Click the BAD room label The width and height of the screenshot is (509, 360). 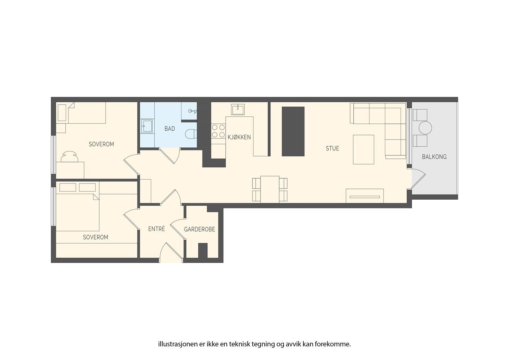pos(169,129)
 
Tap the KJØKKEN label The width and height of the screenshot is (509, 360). pos(239,137)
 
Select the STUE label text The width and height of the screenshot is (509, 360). pos(332,148)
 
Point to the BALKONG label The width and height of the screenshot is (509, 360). pos(434,156)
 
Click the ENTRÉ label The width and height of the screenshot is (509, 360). pos(156,229)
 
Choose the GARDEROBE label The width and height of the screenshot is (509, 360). pos(200,229)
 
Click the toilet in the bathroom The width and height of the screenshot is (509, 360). pos(191,134)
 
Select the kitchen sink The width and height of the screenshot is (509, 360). pos(238,110)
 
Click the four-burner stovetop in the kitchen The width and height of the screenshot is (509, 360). pos(218,131)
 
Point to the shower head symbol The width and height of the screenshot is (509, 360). pos(192,111)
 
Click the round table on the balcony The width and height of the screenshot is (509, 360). pos(425,128)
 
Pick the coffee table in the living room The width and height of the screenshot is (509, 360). pos(363,149)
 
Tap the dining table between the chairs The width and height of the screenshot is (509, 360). pos(270,189)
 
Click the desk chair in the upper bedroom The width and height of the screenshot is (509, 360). pos(70,156)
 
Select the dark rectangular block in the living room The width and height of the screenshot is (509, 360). pos(293,131)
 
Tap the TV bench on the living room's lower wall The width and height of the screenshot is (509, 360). pos(365,196)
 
